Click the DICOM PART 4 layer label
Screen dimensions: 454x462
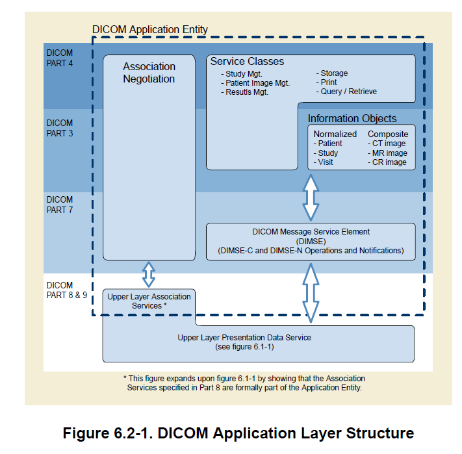[x=60, y=58]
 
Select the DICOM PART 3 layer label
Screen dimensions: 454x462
[x=60, y=128]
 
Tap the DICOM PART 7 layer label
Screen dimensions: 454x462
[x=60, y=205]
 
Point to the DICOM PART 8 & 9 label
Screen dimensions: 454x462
[x=65, y=290]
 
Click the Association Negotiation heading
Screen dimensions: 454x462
[x=149, y=73]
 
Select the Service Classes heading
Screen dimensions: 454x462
[x=247, y=62]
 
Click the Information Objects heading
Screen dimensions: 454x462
[x=352, y=118]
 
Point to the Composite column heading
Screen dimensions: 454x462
[x=388, y=134]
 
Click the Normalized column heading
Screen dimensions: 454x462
[x=335, y=134]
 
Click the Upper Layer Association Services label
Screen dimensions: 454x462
[x=149, y=301]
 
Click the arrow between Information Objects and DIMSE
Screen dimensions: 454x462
[x=311, y=197]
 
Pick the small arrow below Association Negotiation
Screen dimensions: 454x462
[x=149, y=274]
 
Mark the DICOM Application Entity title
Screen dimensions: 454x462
[x=150, y=29]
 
